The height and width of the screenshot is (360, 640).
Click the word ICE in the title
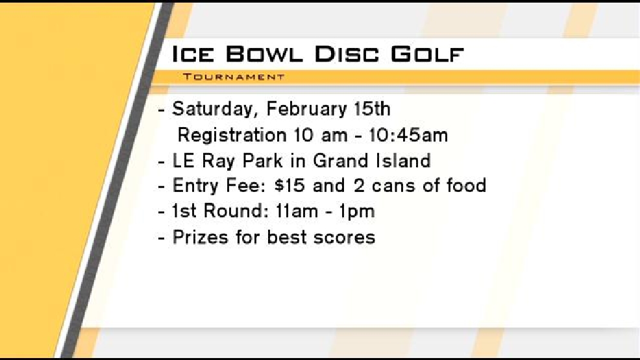point(193,54)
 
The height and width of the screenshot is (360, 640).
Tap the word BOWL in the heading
point(264,54)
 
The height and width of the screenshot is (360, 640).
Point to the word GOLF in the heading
point(427,54)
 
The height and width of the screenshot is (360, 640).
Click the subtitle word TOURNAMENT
point(234,77)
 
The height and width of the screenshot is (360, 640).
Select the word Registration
point(232,136)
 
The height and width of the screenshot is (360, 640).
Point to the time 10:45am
point(408,135)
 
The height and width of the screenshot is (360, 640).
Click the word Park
point(262,160)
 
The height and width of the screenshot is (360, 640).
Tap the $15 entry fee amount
point(289,186)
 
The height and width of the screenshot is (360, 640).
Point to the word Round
point(232,211)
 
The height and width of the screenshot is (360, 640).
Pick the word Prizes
point(200,237)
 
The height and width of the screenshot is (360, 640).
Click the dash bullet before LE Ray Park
point(162,162)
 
